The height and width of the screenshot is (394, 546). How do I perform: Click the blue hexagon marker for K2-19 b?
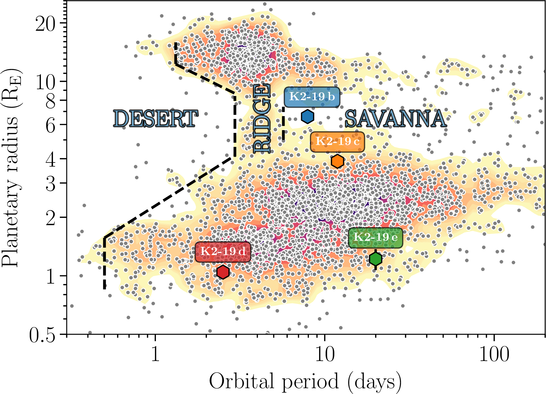[x=307, y=117]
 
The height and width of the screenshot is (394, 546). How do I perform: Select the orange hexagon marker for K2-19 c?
[x=337, y=161]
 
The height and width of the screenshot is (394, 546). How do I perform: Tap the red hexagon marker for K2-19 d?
[x=223, y=272]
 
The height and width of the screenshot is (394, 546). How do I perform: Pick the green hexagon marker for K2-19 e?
[x=375, y=259]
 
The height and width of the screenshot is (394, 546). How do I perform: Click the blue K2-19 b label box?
[x=312, y=97]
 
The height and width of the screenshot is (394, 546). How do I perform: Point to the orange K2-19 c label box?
[x=337, y=142]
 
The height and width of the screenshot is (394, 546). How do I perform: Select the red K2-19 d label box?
[x=223, y=252]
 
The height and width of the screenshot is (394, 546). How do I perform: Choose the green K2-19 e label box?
[x=375, y=237]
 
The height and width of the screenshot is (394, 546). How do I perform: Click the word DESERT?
[x=155, y=119]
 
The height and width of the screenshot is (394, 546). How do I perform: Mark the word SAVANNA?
[x=395, y=119]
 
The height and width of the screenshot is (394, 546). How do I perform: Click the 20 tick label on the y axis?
[x=46, y=24]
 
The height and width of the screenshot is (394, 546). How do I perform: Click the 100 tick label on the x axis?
[x=494, y=354]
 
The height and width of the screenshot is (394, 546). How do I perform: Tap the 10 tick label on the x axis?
[x=325, y=354]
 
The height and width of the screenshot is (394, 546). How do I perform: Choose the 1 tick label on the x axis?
[x=155, y=354]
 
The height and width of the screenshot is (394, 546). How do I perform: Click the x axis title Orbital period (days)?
[x=305, y=381]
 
